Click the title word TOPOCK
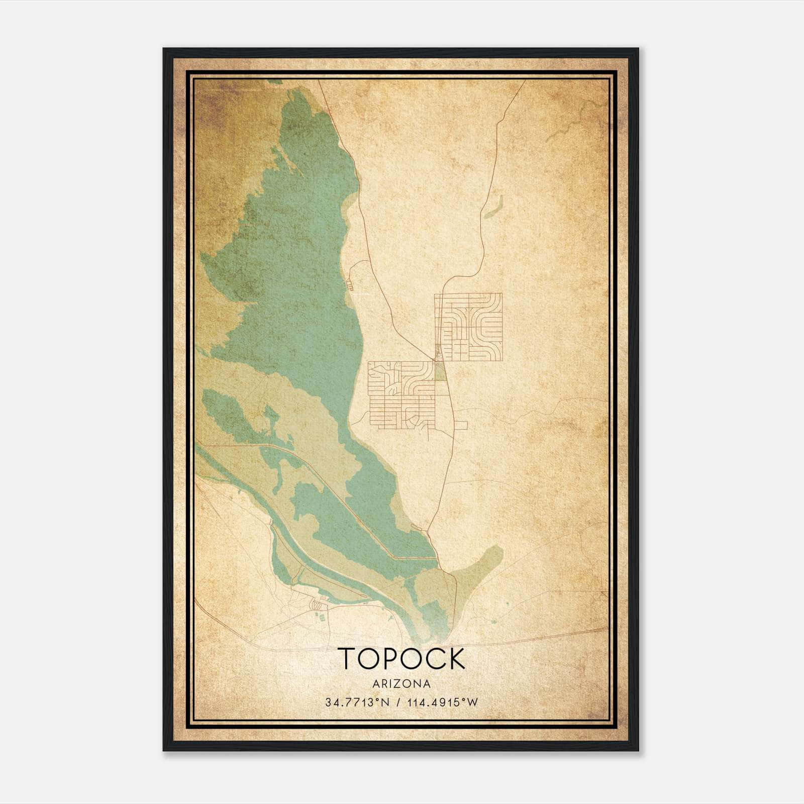(401, 658)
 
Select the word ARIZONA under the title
(401, 684)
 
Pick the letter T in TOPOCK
(347, 658)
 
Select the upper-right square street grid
(468, 327)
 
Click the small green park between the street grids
(440, 371)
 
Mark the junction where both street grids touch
(434, 360)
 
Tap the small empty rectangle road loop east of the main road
(461, 426)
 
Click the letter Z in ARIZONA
(396, 684)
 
